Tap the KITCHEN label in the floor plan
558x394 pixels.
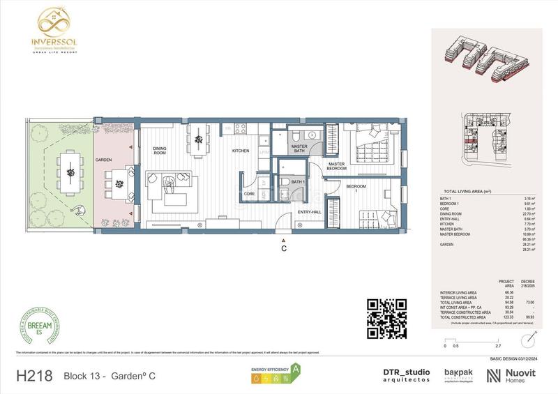241,151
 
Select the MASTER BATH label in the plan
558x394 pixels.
299,148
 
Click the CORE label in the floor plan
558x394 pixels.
249,193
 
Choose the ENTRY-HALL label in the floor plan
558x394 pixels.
309,211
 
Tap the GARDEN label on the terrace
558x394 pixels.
104,160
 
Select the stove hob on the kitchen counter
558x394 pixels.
241,128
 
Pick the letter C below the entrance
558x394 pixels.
283,248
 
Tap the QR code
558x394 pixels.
386,318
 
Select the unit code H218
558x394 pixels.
33,376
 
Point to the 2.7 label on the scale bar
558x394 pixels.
497,346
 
